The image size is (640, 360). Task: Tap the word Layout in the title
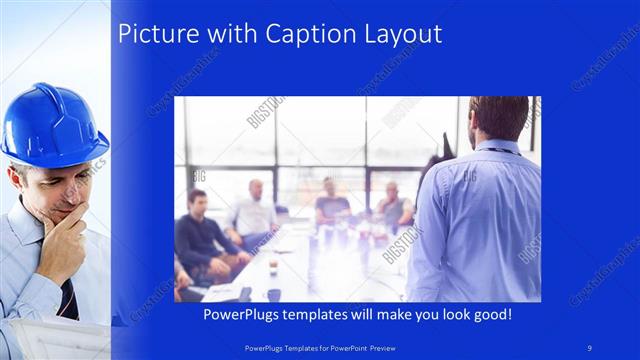(x=403, y=34)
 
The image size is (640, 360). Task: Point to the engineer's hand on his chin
(x=62, y=235)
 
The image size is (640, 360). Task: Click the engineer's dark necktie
(x=67, y=297)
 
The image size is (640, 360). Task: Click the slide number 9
(x=590, y=347)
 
